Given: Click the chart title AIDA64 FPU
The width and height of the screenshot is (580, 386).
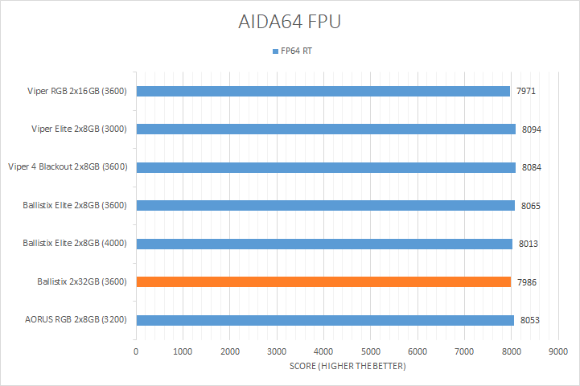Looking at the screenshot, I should pos(290,22).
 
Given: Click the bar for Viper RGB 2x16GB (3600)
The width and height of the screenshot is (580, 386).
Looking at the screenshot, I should pos(323,91).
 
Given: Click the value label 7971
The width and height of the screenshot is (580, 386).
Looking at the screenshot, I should pos(526,91).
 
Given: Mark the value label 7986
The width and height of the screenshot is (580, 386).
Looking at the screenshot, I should pos(527,281).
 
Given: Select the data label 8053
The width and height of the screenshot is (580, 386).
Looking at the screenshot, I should pos(529,320).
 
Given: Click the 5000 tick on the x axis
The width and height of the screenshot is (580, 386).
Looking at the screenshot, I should pos(370,352).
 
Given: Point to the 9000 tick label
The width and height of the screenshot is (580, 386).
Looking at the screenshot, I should pos(557,352).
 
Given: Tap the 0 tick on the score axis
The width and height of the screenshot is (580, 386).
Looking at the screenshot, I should pos(136,352).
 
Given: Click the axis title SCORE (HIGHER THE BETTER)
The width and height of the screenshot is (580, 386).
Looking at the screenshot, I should pos(348,367).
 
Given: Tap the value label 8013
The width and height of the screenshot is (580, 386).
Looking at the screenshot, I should pos(528,244).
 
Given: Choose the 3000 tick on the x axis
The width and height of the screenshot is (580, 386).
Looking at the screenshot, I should pos(277,352).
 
